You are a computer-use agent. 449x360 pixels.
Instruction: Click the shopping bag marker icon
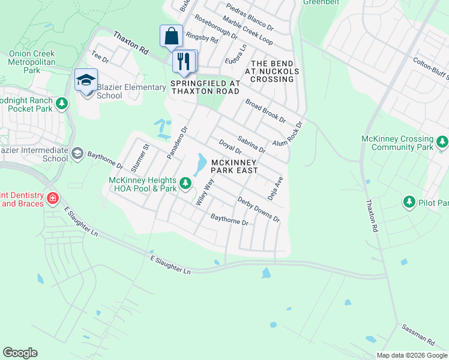tap(171, 35)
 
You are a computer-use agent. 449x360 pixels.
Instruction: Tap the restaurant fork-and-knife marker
tap(184, 60)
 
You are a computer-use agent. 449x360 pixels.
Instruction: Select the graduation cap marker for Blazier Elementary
tap(86, 79)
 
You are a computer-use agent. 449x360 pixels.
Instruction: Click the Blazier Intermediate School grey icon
tap(77, 154)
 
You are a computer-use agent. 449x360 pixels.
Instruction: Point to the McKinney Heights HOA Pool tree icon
tap(186, 182)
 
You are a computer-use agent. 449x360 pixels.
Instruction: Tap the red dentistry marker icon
tap(53, 198)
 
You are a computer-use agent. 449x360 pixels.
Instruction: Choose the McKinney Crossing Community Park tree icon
tap(442, 142)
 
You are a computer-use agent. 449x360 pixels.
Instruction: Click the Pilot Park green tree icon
tap(410, 202)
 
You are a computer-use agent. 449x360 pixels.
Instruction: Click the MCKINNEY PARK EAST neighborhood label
tap(235, 166)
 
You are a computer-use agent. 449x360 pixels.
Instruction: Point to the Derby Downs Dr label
tap(259, 209)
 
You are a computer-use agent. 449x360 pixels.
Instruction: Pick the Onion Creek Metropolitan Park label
tap(31, 62)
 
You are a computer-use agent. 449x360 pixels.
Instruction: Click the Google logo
tap(20, 353)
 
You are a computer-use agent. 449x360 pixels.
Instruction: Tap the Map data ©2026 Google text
tap(411, 355)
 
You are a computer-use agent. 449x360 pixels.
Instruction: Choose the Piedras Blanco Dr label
tap(250, 18)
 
